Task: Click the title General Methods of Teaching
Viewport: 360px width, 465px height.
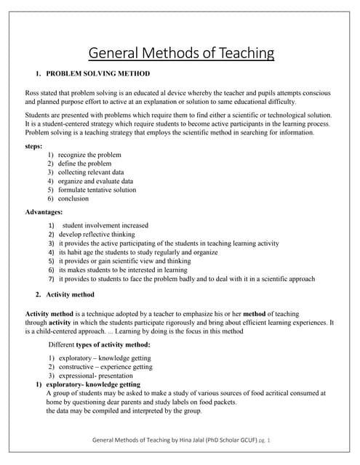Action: click(x=181, y=53)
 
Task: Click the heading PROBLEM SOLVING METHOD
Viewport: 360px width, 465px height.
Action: click(x=98, y=74)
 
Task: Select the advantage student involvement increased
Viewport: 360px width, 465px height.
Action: click(x=105, y=226)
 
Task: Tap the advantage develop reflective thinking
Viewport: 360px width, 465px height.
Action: click(x=97, y=235)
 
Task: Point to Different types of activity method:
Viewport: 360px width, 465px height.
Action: click(x=100, y=344)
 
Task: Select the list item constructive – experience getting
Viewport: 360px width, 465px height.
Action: click(x=105, y=367)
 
